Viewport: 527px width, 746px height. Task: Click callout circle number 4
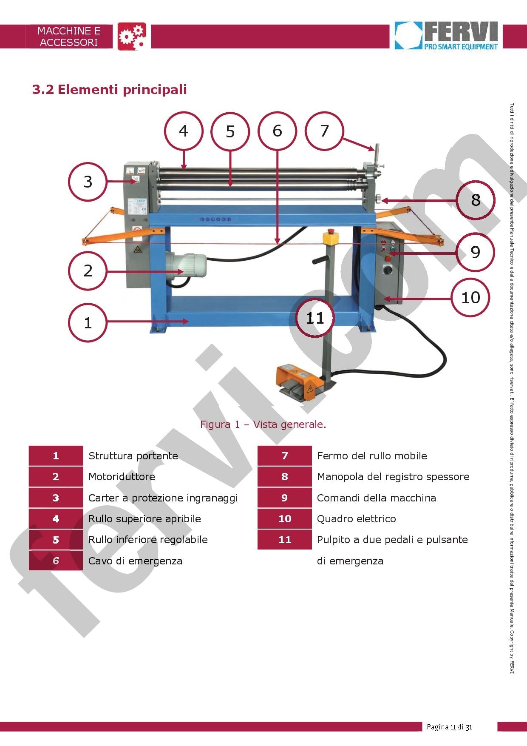pos(184,131)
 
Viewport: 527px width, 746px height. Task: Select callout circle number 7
pos(324,131)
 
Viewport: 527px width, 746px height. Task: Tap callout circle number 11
pos(315,318)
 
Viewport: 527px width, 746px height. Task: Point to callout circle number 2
pos(88,271)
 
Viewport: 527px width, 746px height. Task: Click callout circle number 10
pos(470,297)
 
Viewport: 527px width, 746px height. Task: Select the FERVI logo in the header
pos(446,36)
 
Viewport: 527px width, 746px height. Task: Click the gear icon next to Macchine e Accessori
pos(132,36)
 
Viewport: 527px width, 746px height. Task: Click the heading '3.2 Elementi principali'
pos(110,90)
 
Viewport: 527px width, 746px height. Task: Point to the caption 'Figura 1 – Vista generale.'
pos(263,424)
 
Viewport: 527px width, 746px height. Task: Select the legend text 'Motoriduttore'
pos(122,477)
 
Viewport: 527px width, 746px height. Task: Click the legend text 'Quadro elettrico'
pos(356,519)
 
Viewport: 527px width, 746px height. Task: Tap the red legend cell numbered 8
pos(284,477)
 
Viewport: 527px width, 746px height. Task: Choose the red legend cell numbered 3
pos(56,498)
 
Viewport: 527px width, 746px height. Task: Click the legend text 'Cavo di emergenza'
pos(135,561)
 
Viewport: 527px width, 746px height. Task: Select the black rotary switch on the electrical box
pos(388,270)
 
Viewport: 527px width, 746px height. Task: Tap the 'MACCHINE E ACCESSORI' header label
pos(69,37)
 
